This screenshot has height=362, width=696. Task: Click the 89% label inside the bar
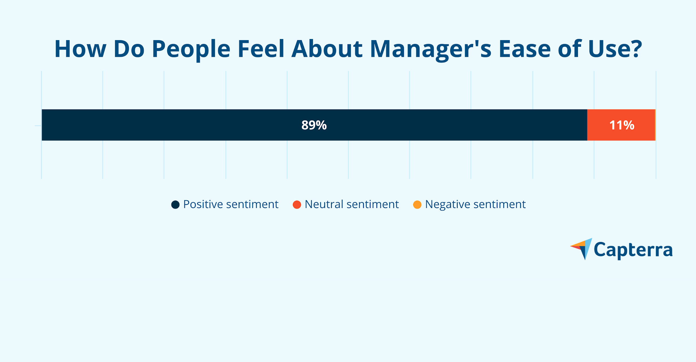pyautogui.click(x=314, y=125)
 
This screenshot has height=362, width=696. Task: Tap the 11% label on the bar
pyautogui.click(x=622, y=125)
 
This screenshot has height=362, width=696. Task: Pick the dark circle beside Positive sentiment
pyautogui.click(x=175, y=205)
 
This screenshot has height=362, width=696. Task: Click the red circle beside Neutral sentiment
pyautogui.click(x=297, y=205)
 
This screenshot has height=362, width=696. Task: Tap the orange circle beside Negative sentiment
pyautogui.click(x=417, y=205)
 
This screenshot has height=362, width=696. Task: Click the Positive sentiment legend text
pyautogui.click(x=231, y=204)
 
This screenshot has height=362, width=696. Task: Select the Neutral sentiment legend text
pyautogui.click(x=352, y=204)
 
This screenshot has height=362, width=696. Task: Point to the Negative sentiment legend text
pyautogui.click(x=475, y=204)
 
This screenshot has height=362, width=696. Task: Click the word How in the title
pyautogui.click(x=80, y=49)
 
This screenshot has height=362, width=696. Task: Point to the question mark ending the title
pyautogui.click(x=636, y=49)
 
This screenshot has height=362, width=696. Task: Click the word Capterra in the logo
pyautogui.click(x=633, y=250)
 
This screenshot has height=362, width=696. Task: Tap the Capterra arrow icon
pyautogui.click(x=583, y=248)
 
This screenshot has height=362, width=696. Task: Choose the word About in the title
pyautogui.click(x=327, y=49)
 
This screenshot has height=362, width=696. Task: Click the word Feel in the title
pyautogui.click(x=261, y=49)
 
